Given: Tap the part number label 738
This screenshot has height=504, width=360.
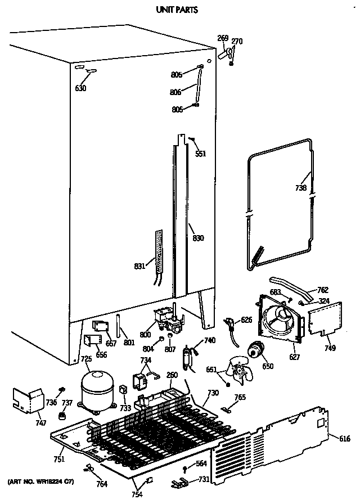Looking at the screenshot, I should (x=301, y=188).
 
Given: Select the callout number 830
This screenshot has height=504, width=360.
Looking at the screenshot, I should (x=197, y=238).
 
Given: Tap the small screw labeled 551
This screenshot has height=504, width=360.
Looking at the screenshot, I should (x=193, y=139).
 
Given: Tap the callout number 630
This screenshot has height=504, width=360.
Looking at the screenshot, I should (x=80, y=88).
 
